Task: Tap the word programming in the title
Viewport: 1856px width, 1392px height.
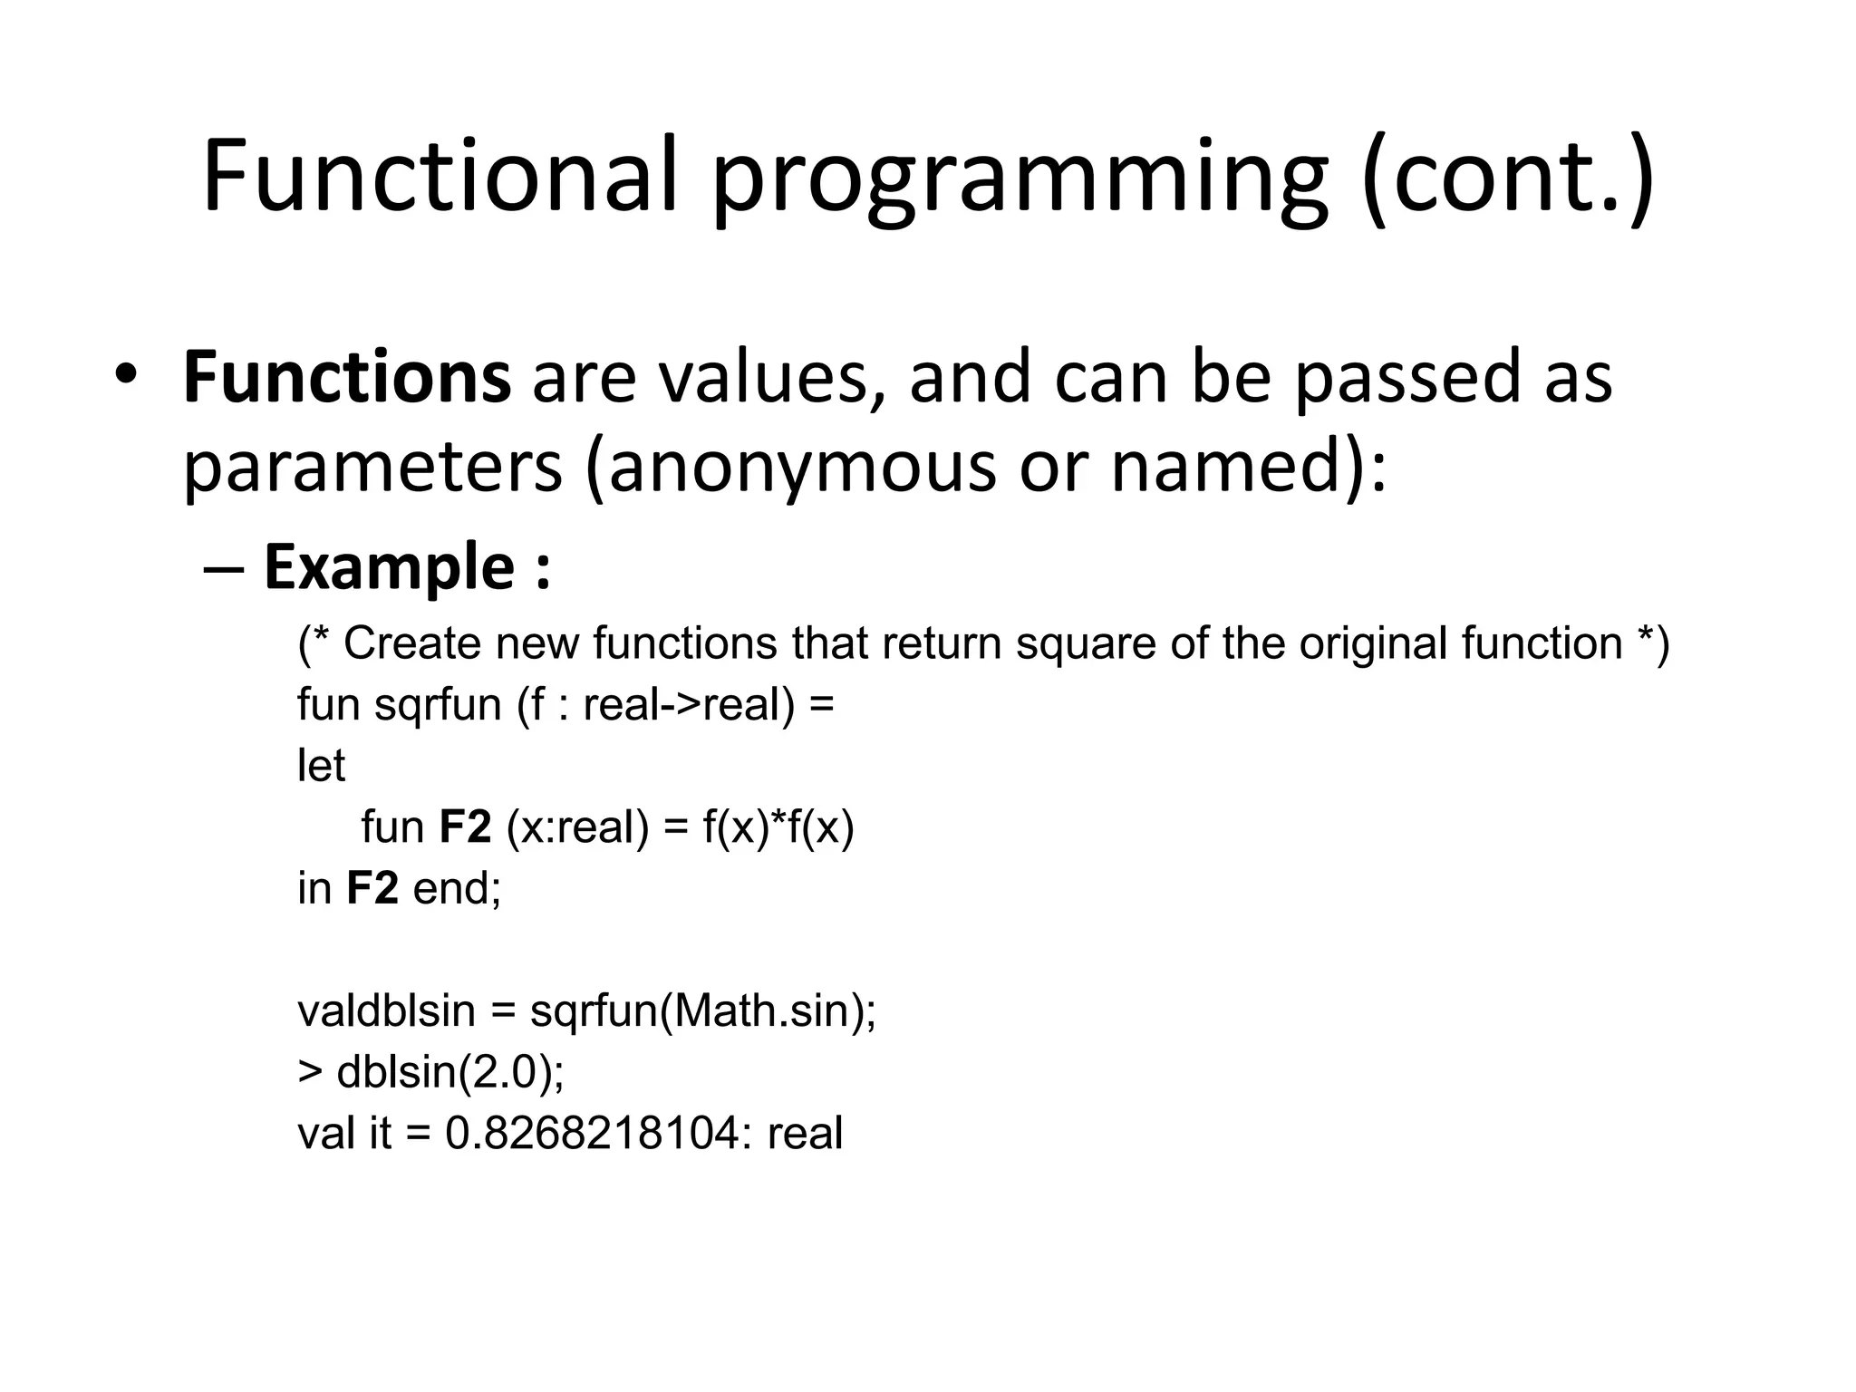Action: pos(1020,181)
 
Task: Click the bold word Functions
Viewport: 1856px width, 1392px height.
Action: pos(347,378)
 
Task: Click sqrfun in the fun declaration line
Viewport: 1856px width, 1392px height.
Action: pos(438,706)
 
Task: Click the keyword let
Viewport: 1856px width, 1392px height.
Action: pos(321,766)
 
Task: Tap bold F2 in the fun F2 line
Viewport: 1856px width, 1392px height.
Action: pos(465,827)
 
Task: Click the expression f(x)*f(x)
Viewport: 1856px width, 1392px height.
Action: pos(778,827)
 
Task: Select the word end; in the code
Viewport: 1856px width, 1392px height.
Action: pos(457,888)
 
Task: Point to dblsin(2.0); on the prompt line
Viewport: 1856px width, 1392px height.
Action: pos(450,1072)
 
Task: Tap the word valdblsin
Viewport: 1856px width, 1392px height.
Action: pos(386,1010)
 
